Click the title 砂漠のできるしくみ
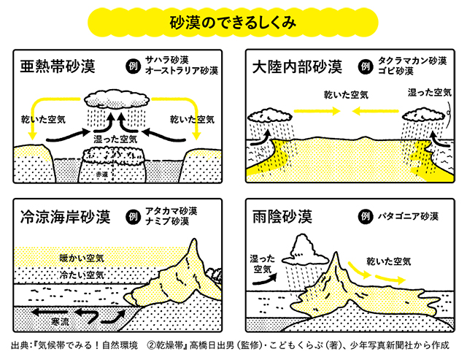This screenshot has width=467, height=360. pyautogui.click(x=233, y=21)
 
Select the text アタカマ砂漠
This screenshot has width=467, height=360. pyautogui.click(x=172, y=211)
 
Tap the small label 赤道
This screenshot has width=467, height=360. pyautogui.click(x=108, y=175)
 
